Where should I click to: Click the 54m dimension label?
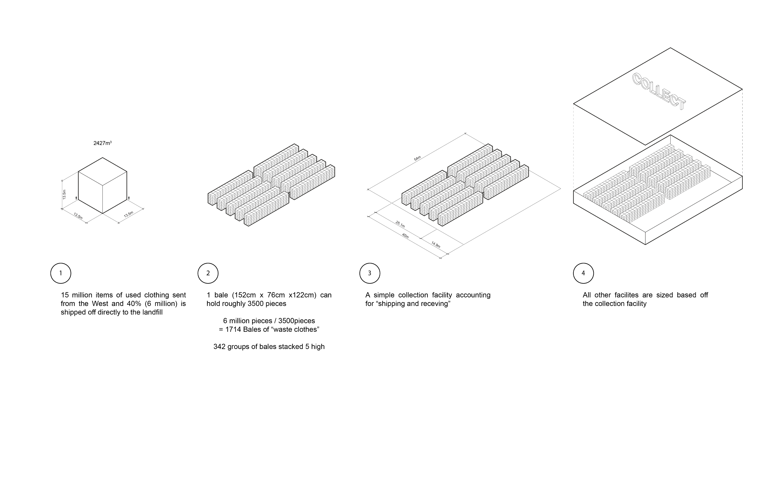click(x=417, y=159)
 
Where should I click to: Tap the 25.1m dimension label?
click(x=400, y=224)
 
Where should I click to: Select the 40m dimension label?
click(x=405, y=236)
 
